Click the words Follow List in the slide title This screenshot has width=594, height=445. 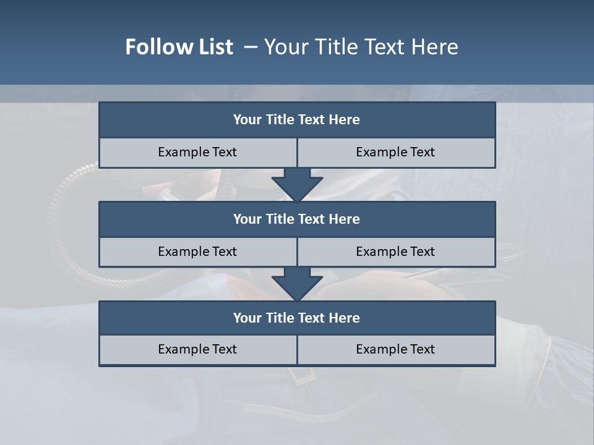coord(179,47)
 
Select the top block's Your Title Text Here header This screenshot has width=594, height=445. coord(296,120)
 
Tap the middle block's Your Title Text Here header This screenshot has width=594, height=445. coord(296,219)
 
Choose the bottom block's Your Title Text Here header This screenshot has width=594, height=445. coord(296,318)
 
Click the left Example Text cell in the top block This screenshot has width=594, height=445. coord(197,152)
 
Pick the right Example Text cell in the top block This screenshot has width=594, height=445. coord(395,152)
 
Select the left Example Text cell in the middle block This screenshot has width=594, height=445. coord(197,252)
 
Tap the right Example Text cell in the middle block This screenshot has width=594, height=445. coord(395,252)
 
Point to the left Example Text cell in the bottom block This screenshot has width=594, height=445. coord(197,349)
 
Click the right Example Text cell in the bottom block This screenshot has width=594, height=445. coord(395,349)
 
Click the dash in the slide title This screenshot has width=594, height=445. coord(250,47)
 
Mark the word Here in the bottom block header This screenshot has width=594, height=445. coord(344,318)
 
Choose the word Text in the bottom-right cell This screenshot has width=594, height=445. coord(422,349)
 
